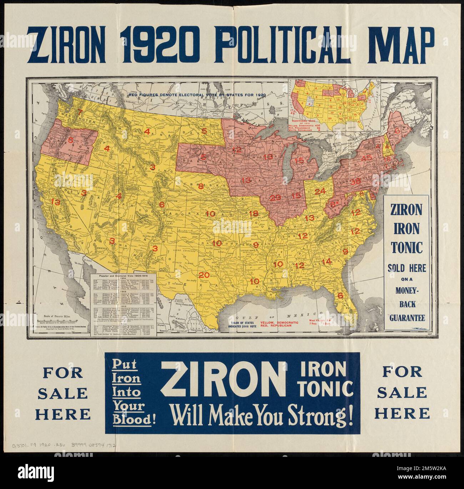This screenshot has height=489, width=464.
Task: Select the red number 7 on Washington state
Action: [80, 113]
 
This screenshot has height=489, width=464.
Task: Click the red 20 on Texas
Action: [204, 275]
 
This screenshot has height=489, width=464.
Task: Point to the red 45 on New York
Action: [367, 158]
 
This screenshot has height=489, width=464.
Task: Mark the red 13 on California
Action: [56, 201]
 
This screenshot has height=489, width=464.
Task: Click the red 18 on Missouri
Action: [253, 213]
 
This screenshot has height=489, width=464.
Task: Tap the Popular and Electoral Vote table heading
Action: [120, 277]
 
